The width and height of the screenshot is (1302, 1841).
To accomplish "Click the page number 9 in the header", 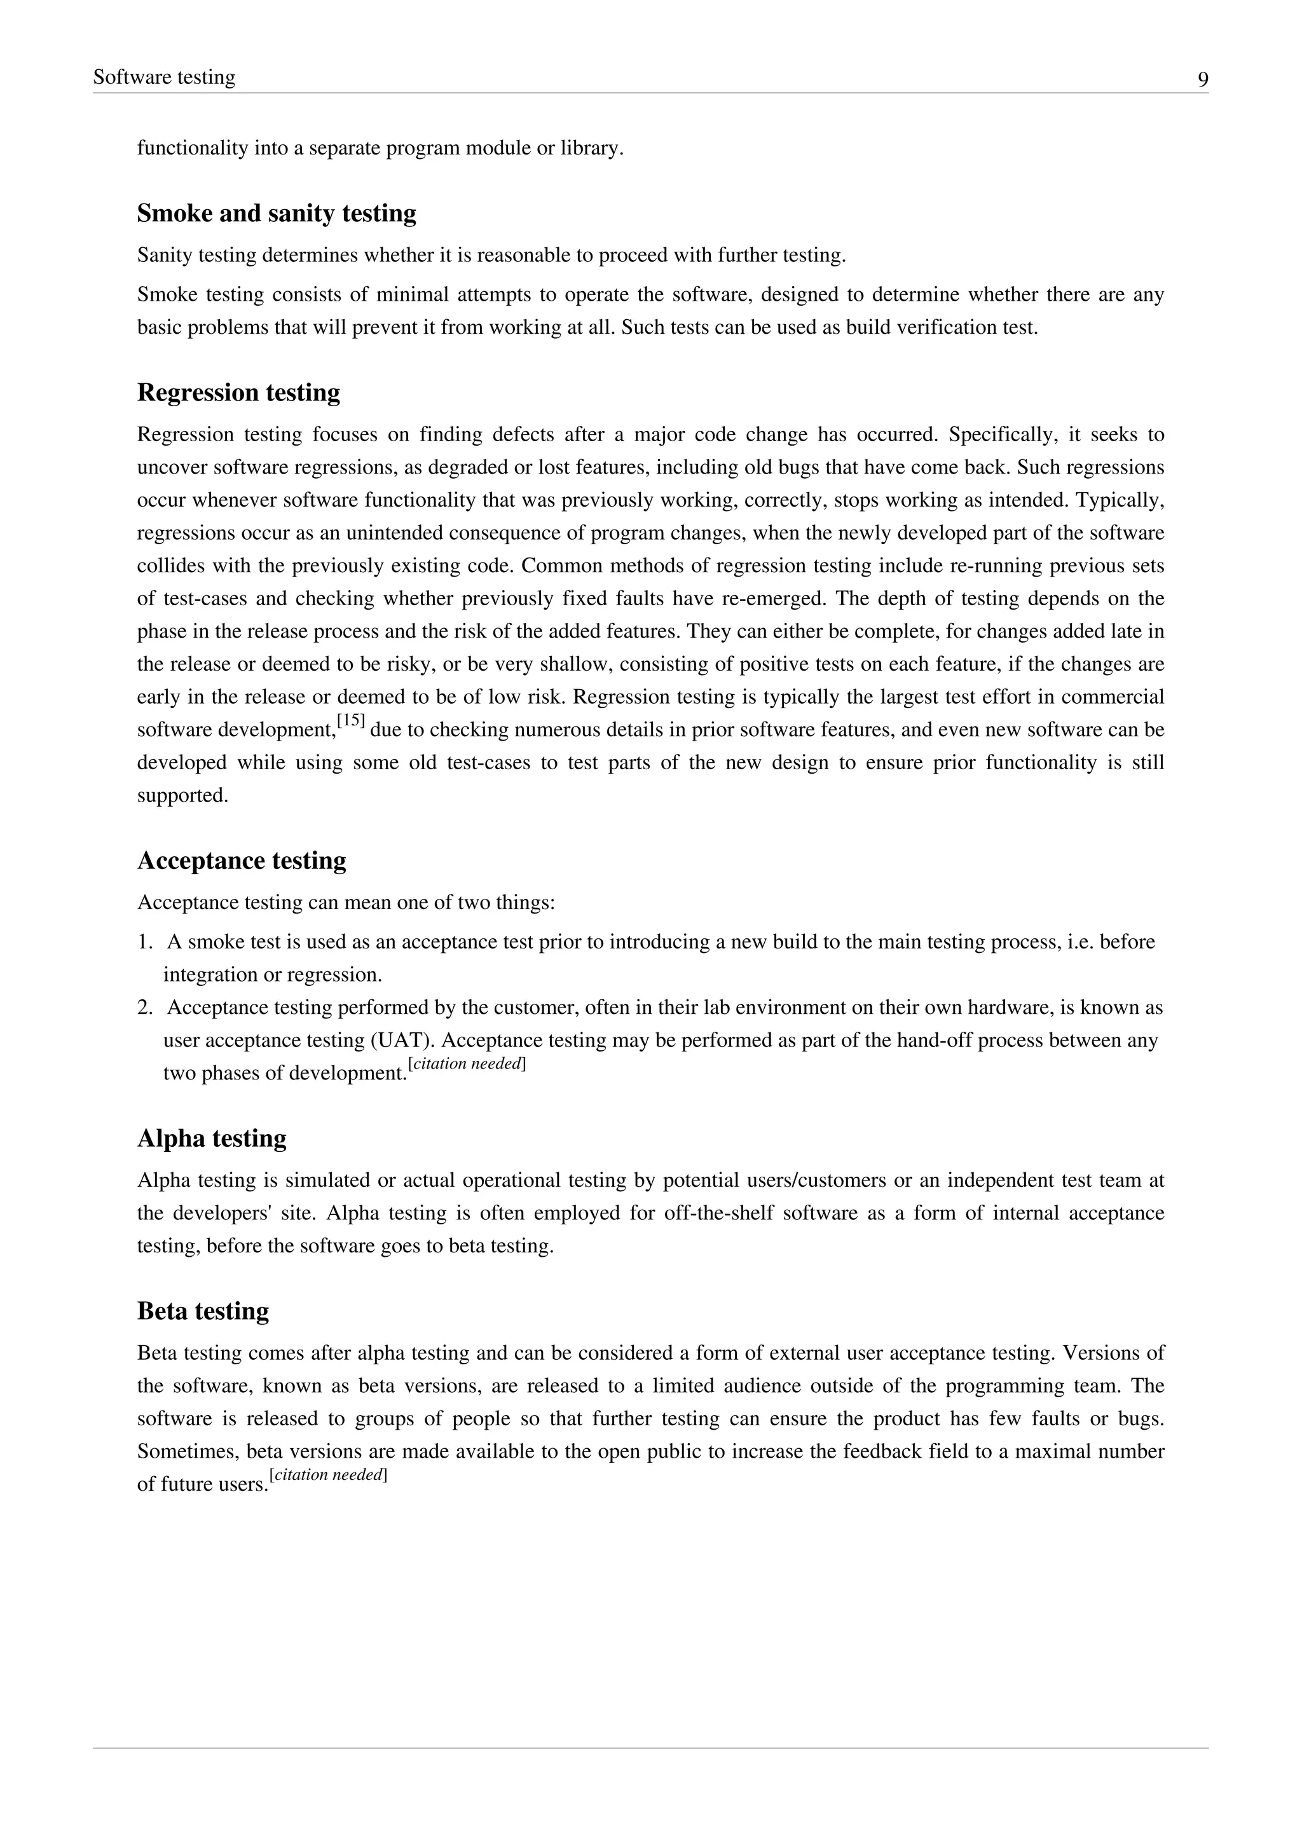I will [x=1203, y=79].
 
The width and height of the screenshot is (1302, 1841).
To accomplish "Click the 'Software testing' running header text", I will [x=165, y=77].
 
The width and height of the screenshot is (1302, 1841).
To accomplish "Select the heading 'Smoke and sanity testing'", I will [x=277, y=214].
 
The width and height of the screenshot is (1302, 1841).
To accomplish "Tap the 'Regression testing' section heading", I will [x=238, y=392].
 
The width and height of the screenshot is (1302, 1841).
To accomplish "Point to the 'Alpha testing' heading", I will [x=212, y=1139].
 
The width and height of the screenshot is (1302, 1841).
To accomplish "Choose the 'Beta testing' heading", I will [x=203, y=1311].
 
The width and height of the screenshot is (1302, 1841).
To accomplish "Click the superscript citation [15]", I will [x=351, y=721].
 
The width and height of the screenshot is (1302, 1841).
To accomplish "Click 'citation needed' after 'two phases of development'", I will [x=467, y=1064].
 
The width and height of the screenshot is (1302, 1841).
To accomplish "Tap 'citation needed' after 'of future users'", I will [x=329, y=1475].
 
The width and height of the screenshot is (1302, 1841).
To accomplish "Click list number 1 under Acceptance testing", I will [x=144, y=942].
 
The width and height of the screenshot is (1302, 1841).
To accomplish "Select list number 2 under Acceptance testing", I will [x=144, y=1008].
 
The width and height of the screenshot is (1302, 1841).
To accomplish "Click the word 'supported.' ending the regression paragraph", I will [x=183, y=795].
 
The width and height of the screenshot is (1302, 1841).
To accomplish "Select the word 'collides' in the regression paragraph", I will [x=171, y=566].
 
